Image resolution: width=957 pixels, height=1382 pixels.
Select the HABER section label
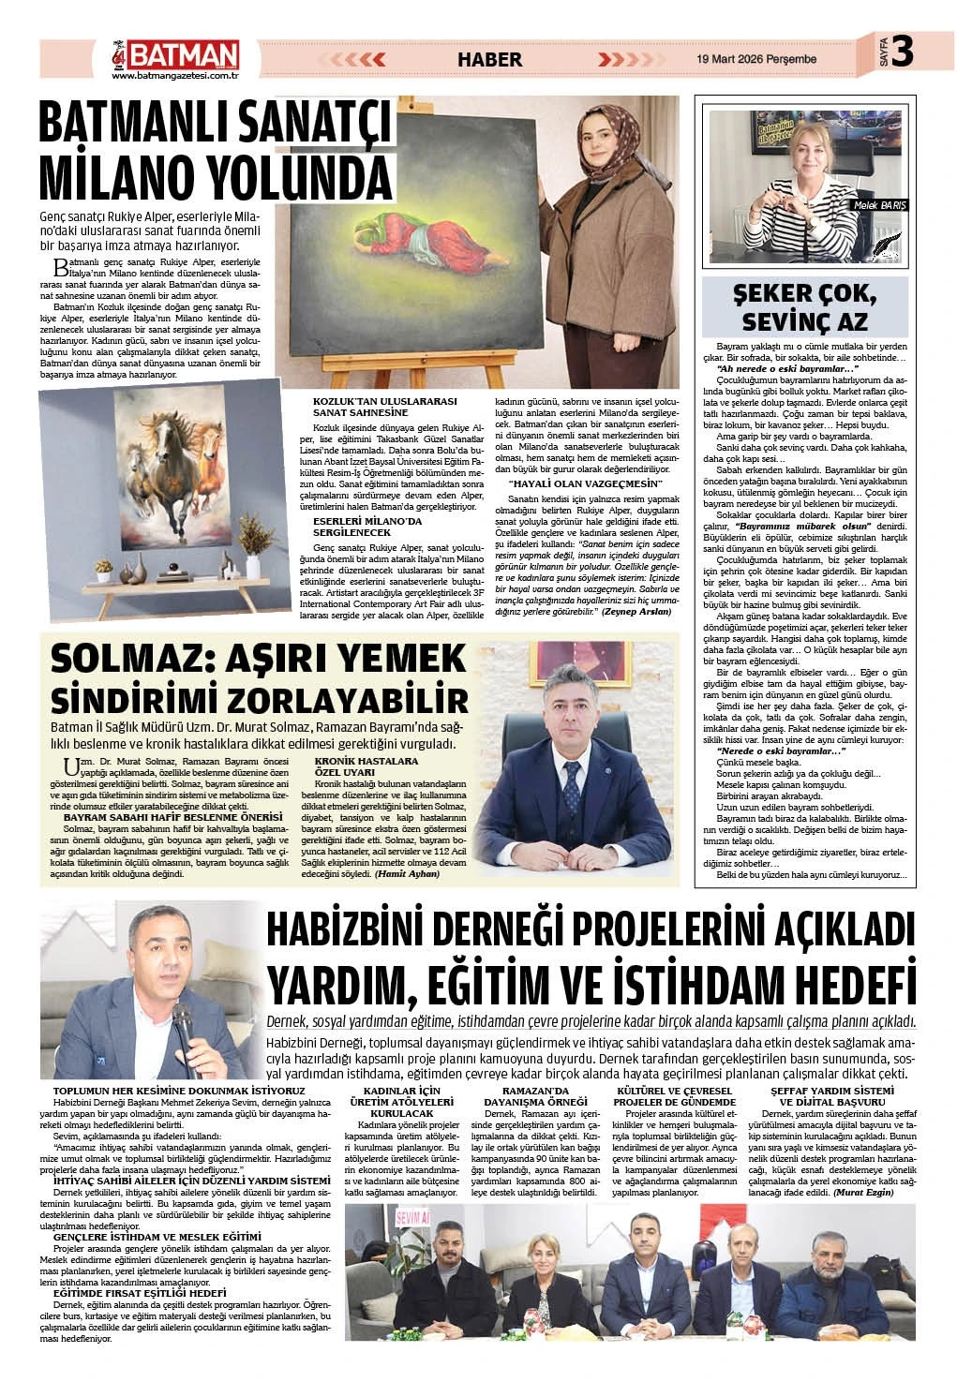click(488, 59)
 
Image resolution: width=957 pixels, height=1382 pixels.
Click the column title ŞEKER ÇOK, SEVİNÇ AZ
click(806, 307)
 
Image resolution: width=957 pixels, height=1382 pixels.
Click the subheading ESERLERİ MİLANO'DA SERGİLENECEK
click(368, 525)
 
